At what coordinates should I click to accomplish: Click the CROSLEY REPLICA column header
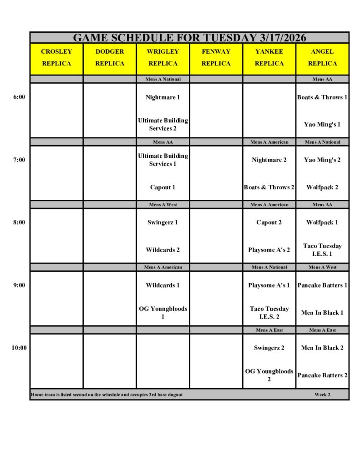tap(56, 57)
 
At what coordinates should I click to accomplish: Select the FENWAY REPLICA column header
tap(216, 57)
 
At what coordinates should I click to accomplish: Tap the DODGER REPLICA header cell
tap(110, 57)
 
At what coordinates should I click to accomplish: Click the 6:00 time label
tap(19, 97)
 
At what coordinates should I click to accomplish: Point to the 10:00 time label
tap(19, 348)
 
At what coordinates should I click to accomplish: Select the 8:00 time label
tap(19, 223)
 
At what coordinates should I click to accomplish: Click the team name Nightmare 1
tap(162, 97)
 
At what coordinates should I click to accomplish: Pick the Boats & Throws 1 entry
tap(322, 97)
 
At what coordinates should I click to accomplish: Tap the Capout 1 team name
tap(162, 187)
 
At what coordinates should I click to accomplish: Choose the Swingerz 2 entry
tap(269, 348)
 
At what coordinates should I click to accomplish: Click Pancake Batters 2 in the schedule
tap(322, 375)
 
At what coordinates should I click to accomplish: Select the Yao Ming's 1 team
tap(322, 124)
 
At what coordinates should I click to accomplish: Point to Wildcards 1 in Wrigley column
tap(162, 285)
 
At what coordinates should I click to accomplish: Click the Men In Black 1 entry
tap(322, 313)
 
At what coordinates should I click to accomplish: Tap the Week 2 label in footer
tap(322, 395)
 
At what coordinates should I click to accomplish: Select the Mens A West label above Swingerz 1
tap(162, 205)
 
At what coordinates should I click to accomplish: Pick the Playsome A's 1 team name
tap(269, 285)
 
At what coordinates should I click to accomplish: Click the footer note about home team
tap(107, 395)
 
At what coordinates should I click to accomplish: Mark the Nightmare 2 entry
tap(269, 160)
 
